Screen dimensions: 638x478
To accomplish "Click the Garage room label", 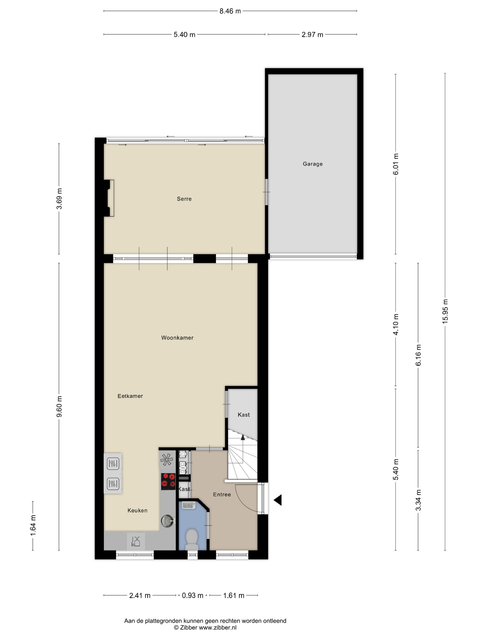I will (312, 164).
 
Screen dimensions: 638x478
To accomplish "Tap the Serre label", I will (184, 199).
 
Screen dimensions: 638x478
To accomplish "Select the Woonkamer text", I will (177, 338).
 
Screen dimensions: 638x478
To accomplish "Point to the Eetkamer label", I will (130, 396).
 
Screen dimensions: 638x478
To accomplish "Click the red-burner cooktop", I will (168, 481).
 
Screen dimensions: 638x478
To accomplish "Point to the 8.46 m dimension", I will (230, 11).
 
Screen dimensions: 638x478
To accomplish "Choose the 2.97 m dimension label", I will (312, 35).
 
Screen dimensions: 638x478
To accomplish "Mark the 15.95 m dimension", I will (445, 311).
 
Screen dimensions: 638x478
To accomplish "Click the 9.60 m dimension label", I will (59, 407).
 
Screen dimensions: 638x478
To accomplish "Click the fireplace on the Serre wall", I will (110, 198).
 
